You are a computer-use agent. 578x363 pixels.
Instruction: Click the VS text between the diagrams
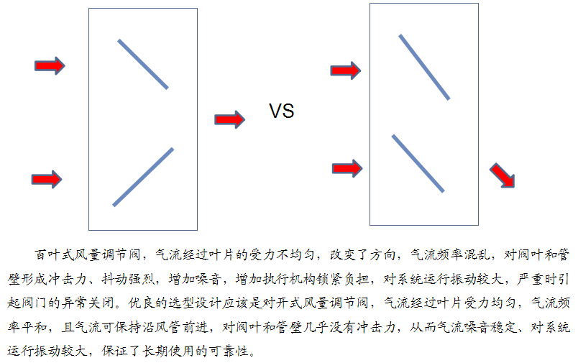[282, 111]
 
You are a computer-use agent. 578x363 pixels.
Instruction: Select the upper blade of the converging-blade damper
[143, 65]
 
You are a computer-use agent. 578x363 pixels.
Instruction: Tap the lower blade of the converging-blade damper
[143, 177]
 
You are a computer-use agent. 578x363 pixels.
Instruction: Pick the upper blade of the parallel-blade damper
[424, 67]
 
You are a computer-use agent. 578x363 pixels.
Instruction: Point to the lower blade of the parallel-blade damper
[418, 164]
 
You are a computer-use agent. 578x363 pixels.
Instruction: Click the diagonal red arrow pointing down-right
[503, 175]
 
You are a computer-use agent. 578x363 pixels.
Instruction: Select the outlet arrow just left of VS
[229, 119]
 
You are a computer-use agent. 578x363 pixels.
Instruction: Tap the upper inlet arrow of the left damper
[50, 66]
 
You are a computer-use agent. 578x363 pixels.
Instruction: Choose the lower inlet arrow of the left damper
[47, 180]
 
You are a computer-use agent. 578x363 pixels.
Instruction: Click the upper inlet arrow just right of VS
[345, 70]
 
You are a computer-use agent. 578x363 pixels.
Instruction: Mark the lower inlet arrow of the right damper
[347, 168]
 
